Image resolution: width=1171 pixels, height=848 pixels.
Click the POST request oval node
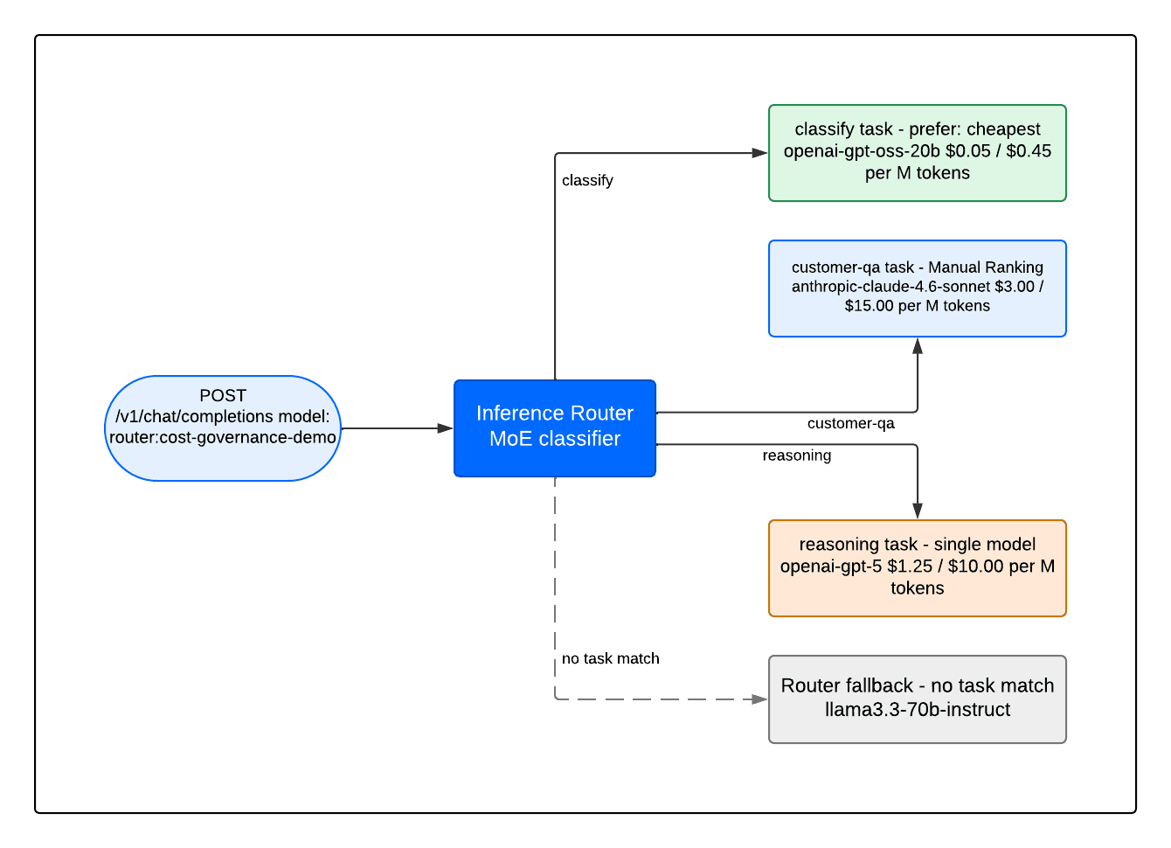point(223,428)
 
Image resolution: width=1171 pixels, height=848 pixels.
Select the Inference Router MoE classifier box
point(555,428)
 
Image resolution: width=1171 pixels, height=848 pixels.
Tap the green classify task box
point(917,153)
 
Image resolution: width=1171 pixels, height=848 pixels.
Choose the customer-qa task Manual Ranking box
point(917,288)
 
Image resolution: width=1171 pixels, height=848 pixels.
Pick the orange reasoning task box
point(917,568)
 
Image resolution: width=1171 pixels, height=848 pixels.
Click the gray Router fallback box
point(917,699)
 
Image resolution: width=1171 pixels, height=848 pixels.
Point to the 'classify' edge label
point(587,180)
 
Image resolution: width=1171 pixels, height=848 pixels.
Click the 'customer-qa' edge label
point(850,423)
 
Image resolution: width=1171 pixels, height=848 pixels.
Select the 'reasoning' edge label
point(797,455)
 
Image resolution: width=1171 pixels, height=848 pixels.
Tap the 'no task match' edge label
point(611,658)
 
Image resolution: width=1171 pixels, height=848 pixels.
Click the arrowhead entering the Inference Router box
point(446,428)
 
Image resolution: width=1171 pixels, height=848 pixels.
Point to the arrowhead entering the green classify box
point(759,153)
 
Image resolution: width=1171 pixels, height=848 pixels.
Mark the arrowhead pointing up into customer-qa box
point(918,346)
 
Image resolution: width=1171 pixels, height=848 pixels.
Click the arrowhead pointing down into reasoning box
point(918,511)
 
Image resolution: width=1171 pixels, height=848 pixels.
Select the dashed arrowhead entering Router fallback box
point(759,699)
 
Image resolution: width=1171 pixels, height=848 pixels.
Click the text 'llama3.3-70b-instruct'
point(918,710)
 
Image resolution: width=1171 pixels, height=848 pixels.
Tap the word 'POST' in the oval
point(223,395)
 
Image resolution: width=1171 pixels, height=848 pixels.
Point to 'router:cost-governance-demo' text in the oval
point(223,437)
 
